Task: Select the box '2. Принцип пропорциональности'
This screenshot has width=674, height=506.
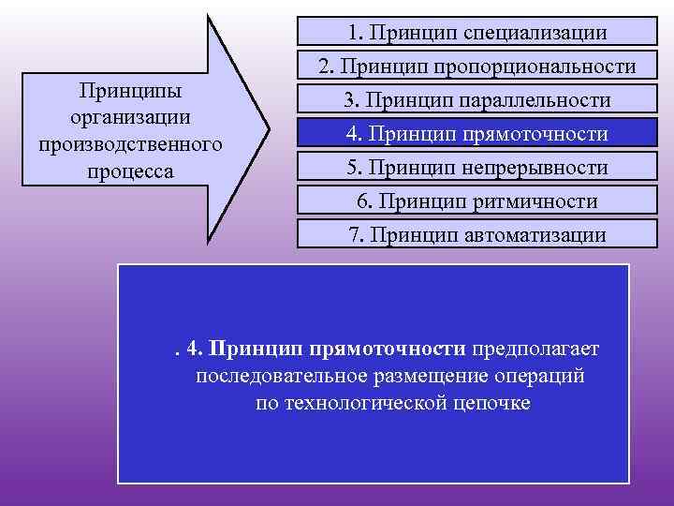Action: pos(477,67)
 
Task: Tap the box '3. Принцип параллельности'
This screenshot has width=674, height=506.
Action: pos(477,100)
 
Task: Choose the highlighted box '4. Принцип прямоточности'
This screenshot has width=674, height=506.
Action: pos(477,134)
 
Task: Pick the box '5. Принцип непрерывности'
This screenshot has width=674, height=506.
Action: pos(477,168)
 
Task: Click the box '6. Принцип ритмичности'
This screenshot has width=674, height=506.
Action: pos(477,201)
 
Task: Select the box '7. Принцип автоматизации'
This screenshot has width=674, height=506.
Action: pos(477,234)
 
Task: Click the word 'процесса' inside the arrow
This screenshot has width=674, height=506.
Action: pos(131,172)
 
